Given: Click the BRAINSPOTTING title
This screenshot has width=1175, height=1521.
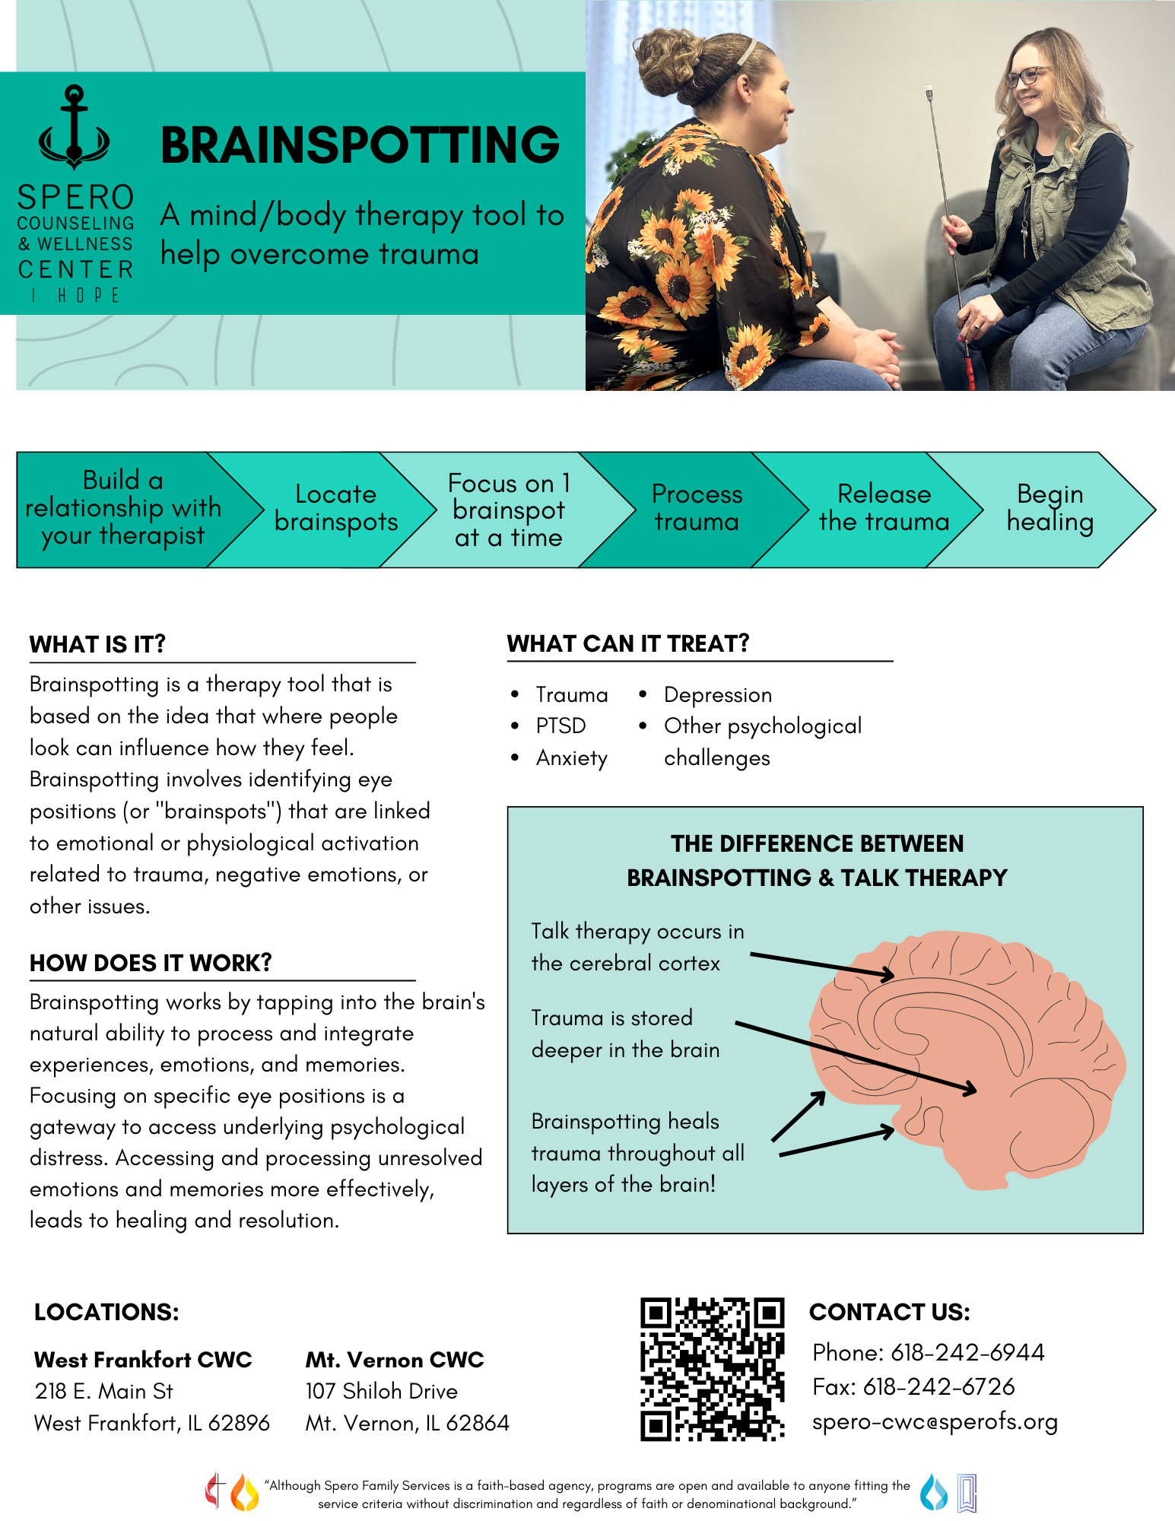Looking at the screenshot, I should [360, 145].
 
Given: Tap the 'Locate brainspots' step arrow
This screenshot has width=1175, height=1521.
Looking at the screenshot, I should [335, 508].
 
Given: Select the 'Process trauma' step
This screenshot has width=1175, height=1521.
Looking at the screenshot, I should [696, 508].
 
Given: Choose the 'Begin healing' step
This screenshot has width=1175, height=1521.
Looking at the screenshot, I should [1050, 508].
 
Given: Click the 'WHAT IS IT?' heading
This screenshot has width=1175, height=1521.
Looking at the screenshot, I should [97, 644].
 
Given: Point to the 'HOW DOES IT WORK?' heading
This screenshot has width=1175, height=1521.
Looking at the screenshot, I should [151, 963].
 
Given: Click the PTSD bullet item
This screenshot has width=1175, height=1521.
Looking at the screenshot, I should [561, 726].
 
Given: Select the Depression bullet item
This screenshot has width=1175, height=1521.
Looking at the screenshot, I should [717, 694].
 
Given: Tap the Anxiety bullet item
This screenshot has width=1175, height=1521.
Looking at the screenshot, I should [571, 758].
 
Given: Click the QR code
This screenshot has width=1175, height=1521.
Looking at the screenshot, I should [712, 1369].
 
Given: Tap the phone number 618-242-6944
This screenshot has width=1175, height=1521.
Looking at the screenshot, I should [967, 1352].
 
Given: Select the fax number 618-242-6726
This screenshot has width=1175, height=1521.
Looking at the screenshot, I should [938, 1387].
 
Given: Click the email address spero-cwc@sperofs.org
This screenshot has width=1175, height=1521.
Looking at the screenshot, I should [935, 1421].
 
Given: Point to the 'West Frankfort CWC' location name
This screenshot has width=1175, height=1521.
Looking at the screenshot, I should [143, 1360].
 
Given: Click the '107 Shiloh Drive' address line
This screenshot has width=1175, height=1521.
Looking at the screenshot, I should [381, 1391].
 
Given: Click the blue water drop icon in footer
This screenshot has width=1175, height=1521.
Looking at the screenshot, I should [933, 1491].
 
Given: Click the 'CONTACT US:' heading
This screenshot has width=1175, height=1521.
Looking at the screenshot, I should [889, 1312].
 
